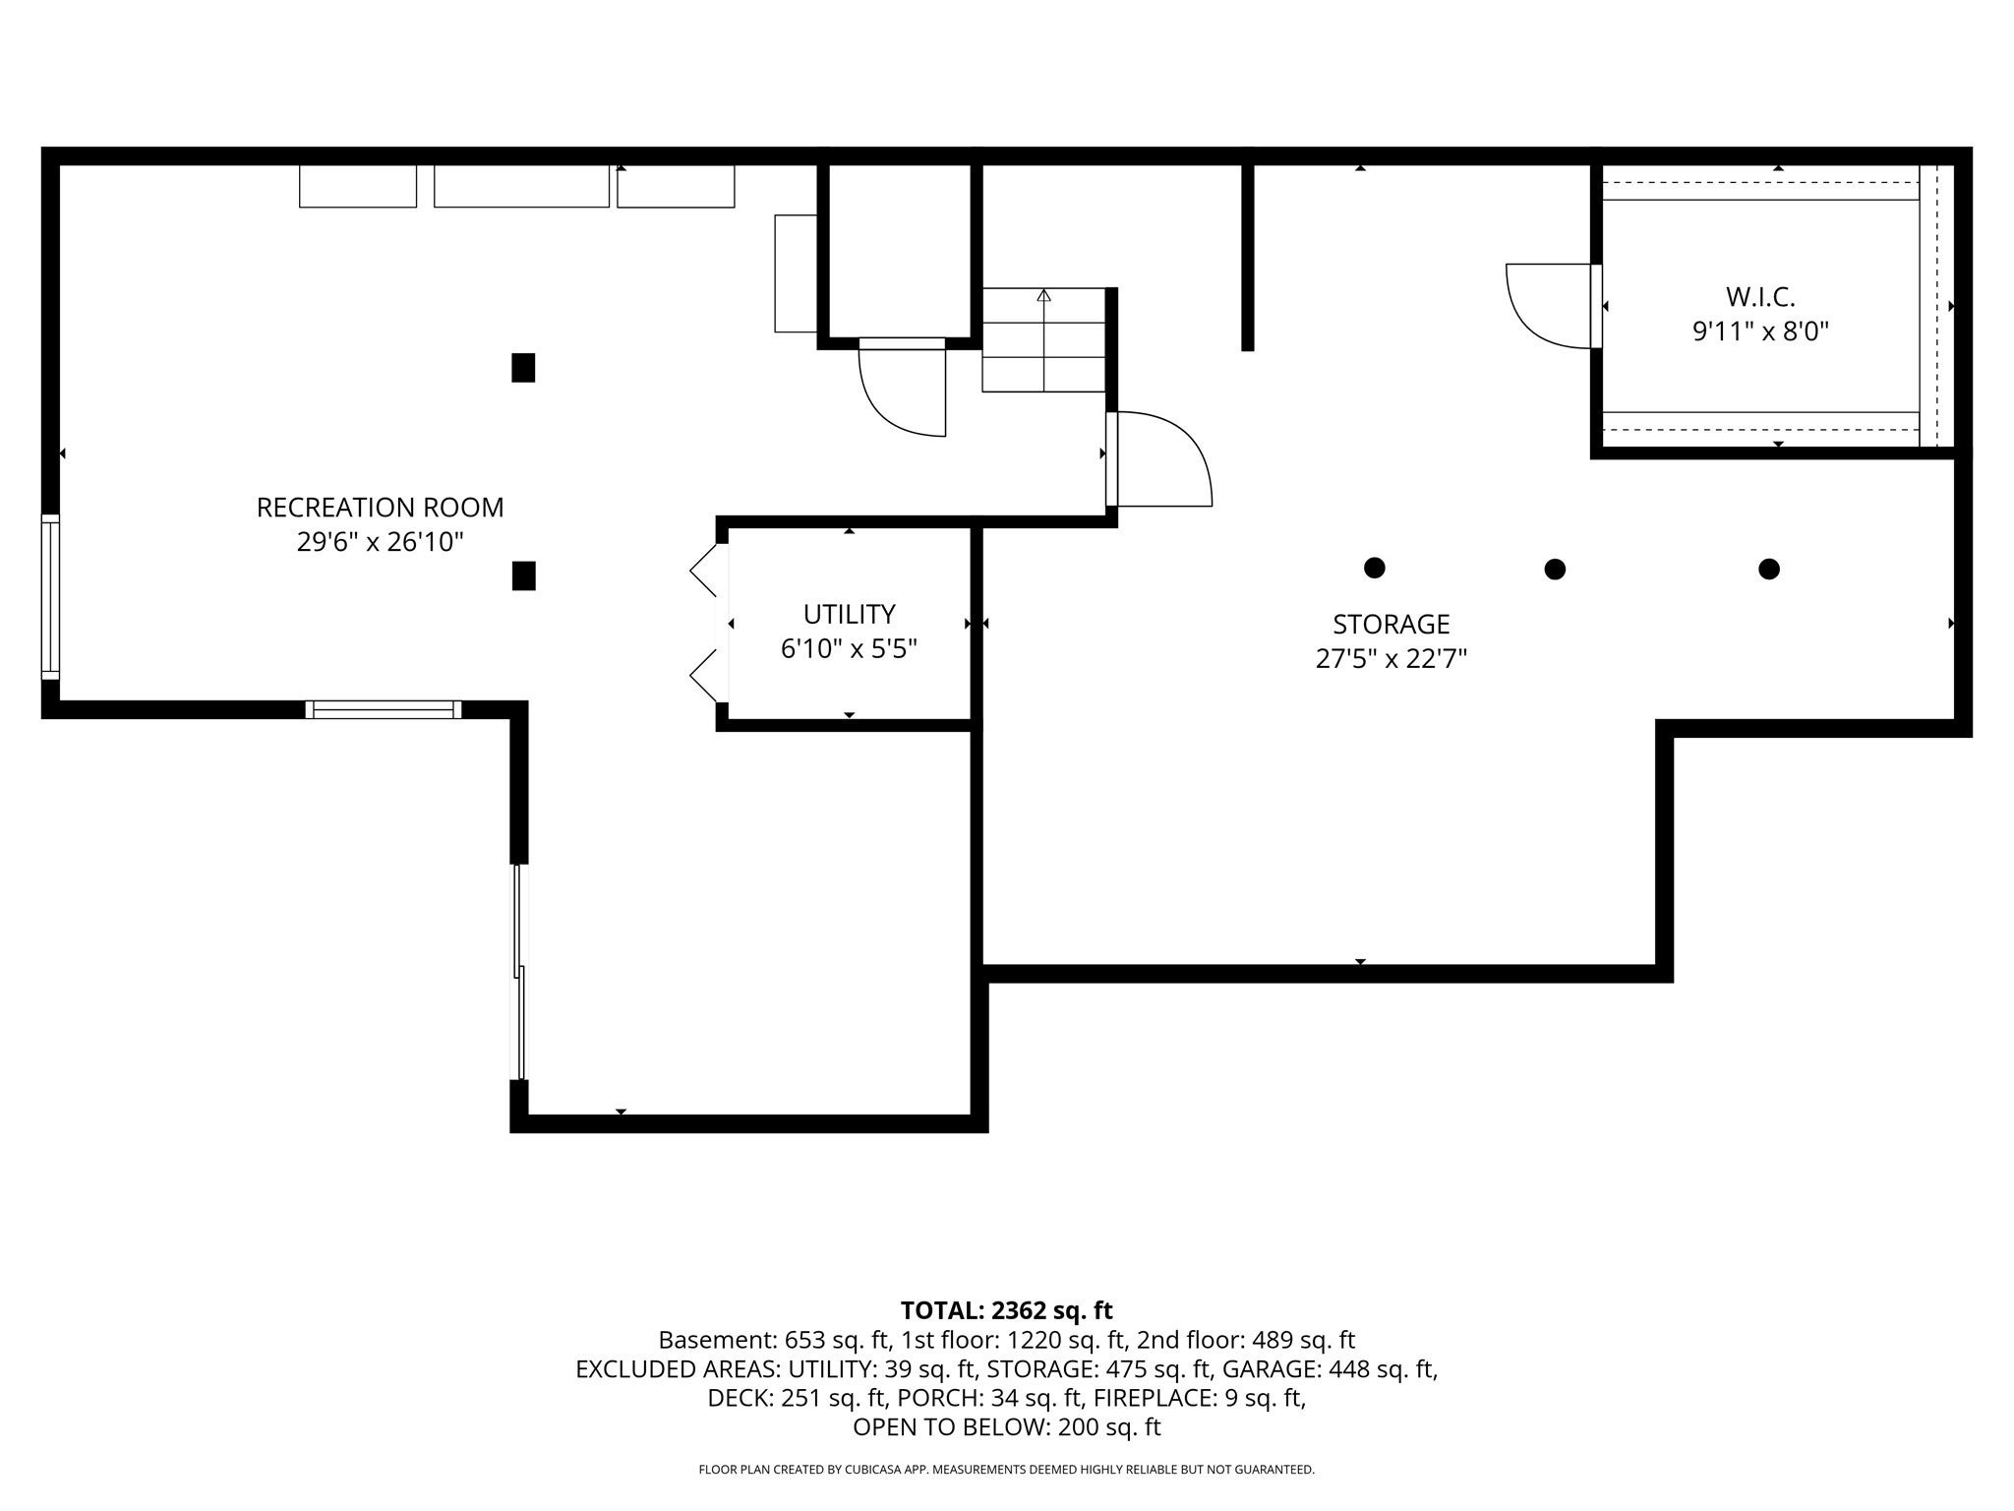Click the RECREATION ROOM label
click(x=380, y=508)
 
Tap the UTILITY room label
click(x=849, y=615)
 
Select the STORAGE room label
click(x=1391, y=625)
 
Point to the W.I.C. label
click(x=1760, y=297)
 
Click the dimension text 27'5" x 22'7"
click(x=1391, y=659)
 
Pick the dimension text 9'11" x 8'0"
click(x=1760, y=332)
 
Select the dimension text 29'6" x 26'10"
click(x=380, y=542)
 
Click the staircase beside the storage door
click(x=1043, y=339)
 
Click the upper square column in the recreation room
click(x=523, y=368)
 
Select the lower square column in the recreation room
click(x=523, y=575)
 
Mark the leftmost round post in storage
click(x=1375, y=568)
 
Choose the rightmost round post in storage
click(x=1769, y=569)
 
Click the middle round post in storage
click(x=1555, y=569)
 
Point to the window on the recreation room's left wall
click(x=50, y=596)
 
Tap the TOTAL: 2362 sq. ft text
click(x=1006, y=1310)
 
